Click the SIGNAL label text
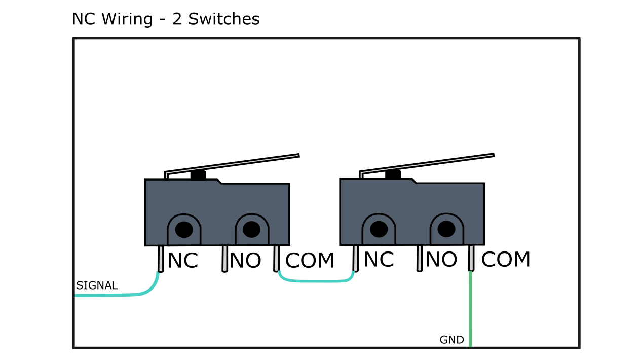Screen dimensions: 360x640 pyautogui.click(x=97, y=285)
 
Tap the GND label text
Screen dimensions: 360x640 pyautogui.click(x=451, y=340)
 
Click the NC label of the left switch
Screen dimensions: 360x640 pyautogui.click(x=182, y=261)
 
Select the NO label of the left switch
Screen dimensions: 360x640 pyautogui.click(x=245, y=261)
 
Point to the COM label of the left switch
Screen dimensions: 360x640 pyautogui.click(x=310, y=261)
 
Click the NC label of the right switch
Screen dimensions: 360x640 pyautogui.click(x=379, y=260)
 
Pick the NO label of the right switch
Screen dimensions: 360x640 pyautogui.click(x=441, y=260)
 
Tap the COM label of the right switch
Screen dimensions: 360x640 pyautogui.click(x=505, y=260)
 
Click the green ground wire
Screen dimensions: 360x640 pyautogui.click(x=471, y=309)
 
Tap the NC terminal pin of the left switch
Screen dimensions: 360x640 pyautogui.click(x=161, y=259)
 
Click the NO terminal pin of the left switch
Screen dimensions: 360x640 pyautogui.click(x=224, y=259)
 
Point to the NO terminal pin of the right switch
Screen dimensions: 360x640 pyautogui.click(x=420, y=258)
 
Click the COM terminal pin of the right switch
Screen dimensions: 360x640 pyautogui.click(x=471, y=258)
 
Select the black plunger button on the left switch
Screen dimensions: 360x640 pyautogui.click(x=198, y=175)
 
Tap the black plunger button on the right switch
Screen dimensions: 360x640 pyautogui.click(x=393, y=175)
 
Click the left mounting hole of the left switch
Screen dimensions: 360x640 pyautogui.click(x=184, y=230)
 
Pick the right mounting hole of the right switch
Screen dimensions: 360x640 pyautogui.click(x=446, y=229)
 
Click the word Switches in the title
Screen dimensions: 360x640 pyautogui.click(x=223, y=19)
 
